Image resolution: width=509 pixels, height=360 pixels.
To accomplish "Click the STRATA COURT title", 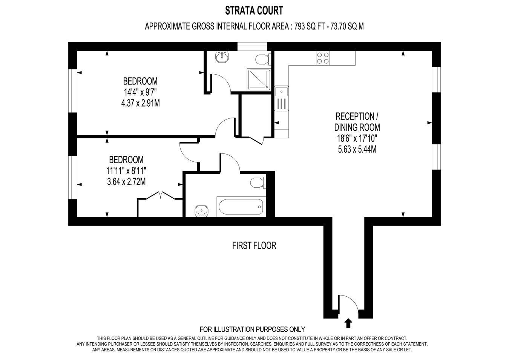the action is (x=254, y=11).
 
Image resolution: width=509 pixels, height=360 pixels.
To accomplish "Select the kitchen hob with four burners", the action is (x=323, y=58).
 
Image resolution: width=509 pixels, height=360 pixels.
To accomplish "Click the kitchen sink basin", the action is (x=282, y=92).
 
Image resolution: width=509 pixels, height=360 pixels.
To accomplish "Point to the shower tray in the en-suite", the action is (x=259, y=80).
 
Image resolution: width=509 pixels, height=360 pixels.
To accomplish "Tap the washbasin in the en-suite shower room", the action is (x=222, y=57).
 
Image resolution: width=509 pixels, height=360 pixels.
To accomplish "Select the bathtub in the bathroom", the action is (x=241, y=207).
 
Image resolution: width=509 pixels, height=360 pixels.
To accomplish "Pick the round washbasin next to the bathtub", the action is (x=202, y=211).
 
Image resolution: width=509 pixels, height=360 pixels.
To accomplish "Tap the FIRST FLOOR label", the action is (x=254, y=245).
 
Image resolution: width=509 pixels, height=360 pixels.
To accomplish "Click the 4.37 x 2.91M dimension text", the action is (x=140, y=103).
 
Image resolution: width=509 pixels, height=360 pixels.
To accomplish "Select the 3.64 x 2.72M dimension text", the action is (x=126, y=182).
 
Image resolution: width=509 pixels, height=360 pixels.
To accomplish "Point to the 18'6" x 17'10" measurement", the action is (x=357, y=138).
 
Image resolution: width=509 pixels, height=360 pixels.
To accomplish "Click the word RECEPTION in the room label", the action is (x=355, y=116).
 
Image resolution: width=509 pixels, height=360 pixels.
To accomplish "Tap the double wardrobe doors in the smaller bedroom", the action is (x=160, y=195).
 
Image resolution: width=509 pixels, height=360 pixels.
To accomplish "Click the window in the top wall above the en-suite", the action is (x=252, y=46).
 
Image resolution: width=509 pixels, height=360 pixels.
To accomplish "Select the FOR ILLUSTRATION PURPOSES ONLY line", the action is (x=252, y=329).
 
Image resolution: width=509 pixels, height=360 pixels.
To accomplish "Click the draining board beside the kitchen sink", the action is (x=282, y=104).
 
